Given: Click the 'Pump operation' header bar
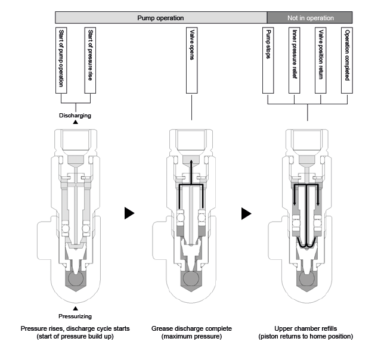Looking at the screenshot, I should pos(161,18).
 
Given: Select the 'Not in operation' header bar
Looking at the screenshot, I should pos(309,18).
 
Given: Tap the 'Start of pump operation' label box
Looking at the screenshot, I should pos(61,60).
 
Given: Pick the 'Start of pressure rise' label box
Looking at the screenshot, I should pos(91,60).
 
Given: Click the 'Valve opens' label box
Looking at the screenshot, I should pos(191,60).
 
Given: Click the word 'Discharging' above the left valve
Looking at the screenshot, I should pos(75,115).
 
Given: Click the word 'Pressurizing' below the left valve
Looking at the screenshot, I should pos(75,316).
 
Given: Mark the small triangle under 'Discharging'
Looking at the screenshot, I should pos(75,122).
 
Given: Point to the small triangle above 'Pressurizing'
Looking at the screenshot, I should pos(75,309).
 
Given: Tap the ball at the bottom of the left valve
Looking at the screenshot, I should pos(75,278).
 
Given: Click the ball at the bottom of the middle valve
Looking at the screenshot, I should pos(191,278).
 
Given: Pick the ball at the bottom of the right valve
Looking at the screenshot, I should pos(307,278).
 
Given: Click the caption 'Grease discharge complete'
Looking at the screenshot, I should pos(191,328).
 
